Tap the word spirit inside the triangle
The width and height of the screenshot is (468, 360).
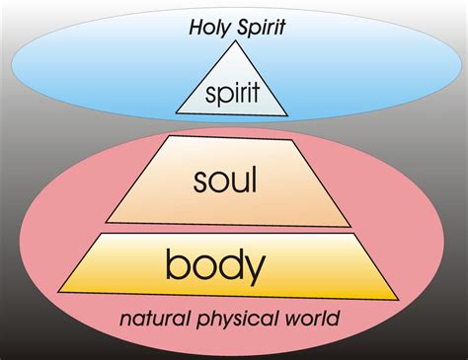[x=232, y=95]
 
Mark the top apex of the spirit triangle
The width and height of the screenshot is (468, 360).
[x=233, y=42]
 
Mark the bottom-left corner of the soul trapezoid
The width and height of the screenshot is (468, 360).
[x=106, y=221]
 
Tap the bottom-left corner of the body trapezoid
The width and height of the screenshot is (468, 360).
[x=57, y=292]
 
